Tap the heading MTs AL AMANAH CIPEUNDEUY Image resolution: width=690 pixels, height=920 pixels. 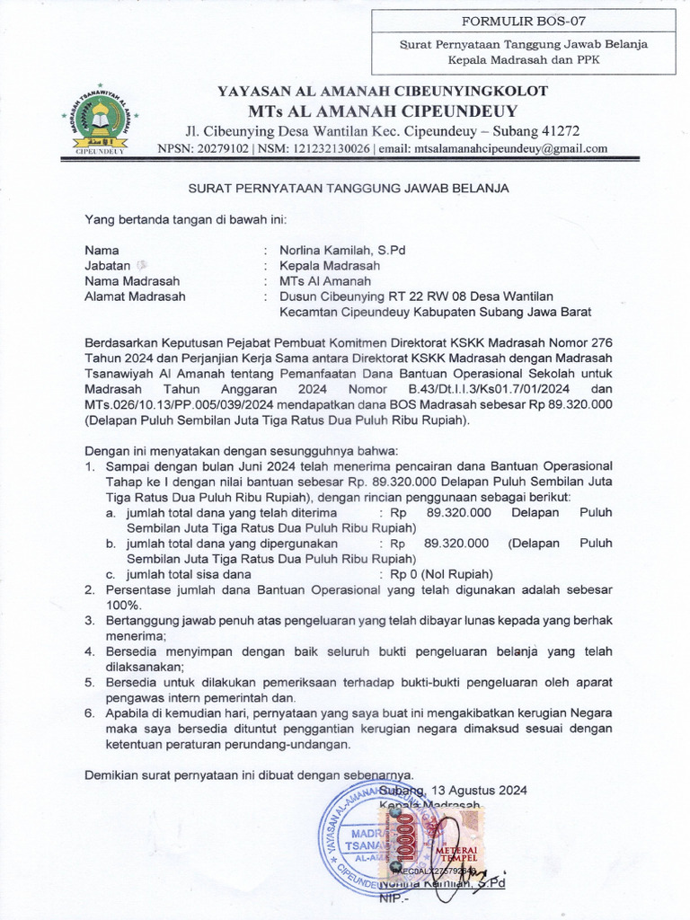coord(383,111)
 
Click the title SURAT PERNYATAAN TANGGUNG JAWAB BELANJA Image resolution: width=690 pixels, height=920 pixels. coord(348,189)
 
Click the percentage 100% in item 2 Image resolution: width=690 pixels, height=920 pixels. coord(123,606)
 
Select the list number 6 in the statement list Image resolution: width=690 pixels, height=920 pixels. coord(89,712)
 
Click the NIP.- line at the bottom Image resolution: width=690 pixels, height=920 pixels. coord(394,897)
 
